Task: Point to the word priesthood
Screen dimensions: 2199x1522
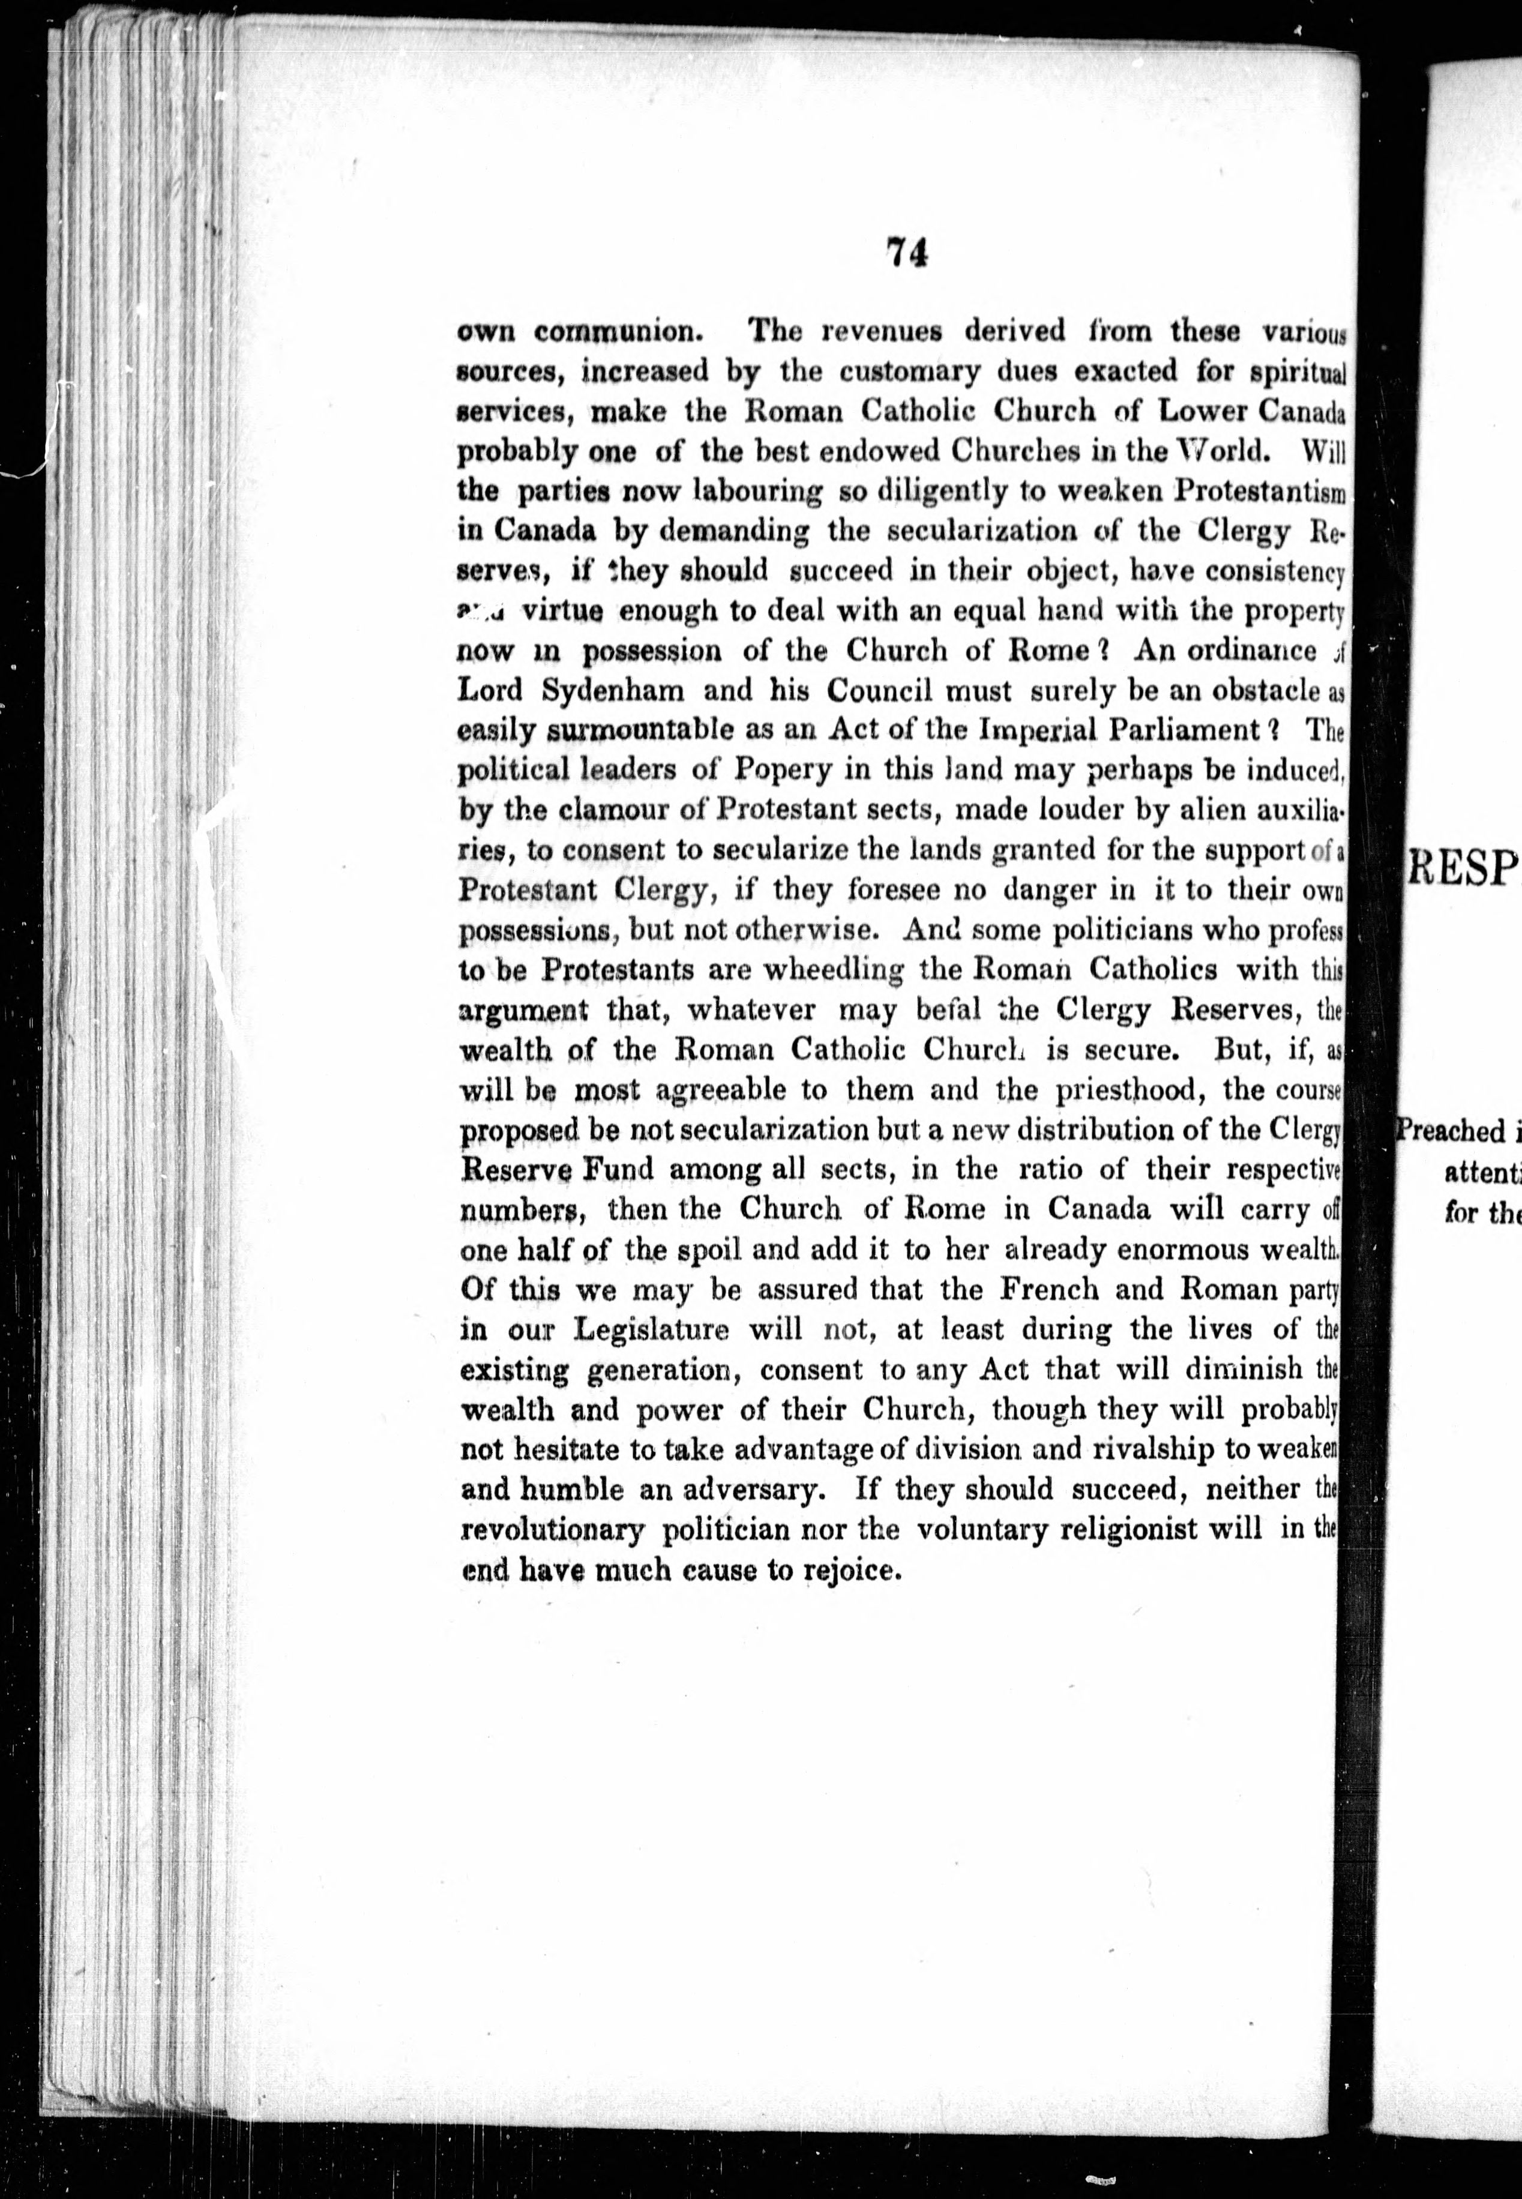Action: coord(1128,1089)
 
